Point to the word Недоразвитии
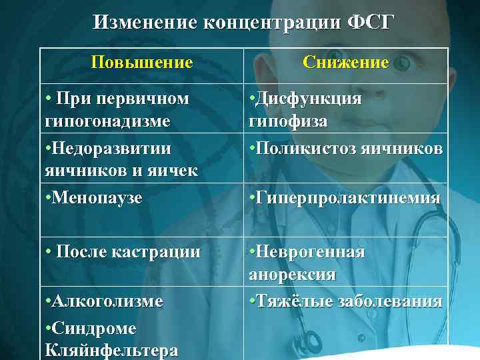point(111,147)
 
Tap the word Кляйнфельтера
point(111,351)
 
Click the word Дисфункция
point(309,99)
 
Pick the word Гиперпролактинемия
point(347,197)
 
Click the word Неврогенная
point(310,251)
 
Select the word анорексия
point(292,274)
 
